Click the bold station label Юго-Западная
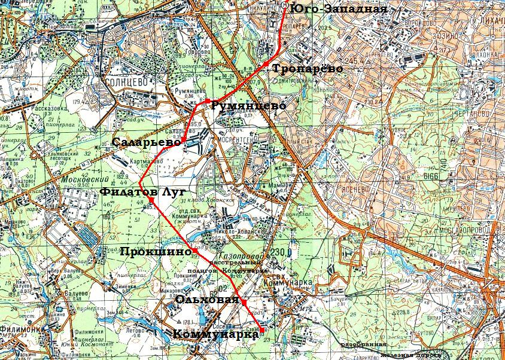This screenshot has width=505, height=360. [338, 9]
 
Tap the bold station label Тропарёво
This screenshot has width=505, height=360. [308, 69]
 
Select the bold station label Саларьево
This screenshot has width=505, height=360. [146, 143]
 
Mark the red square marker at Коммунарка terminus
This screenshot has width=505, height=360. [261, 330]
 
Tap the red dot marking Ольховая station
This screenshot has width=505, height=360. [245, 304]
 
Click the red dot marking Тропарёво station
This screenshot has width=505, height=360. [266, 63]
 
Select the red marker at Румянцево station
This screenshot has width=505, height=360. [206, 102]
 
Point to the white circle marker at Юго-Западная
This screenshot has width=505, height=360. [283, 5]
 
